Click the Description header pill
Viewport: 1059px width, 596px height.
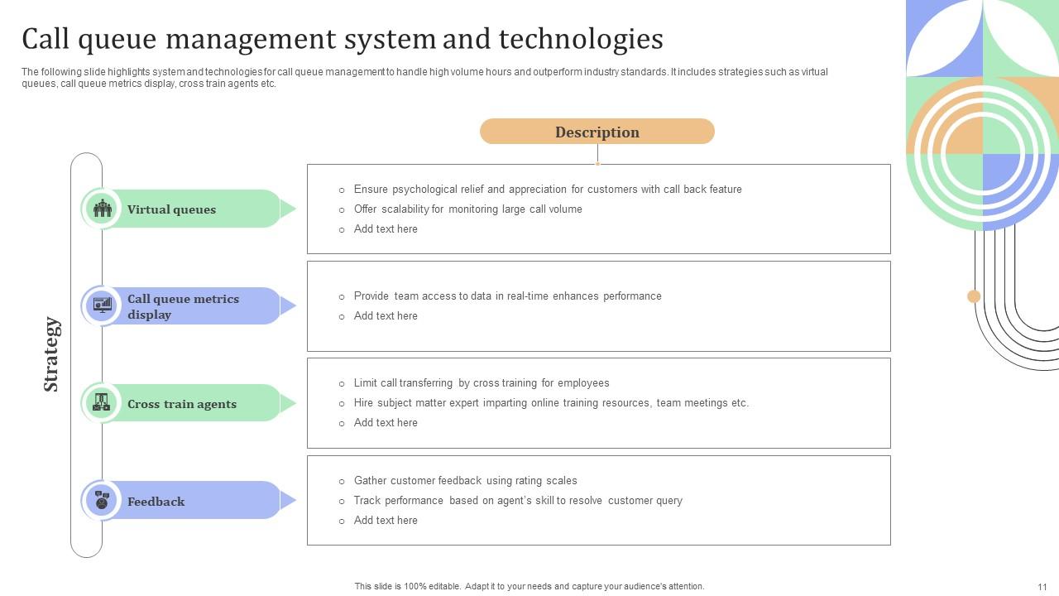597,132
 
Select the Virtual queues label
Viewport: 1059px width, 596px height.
171,209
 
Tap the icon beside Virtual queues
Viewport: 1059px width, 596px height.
103,209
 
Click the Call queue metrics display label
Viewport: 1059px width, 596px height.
183,306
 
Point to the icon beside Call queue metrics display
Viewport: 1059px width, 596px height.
103,305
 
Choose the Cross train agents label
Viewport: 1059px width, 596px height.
182,404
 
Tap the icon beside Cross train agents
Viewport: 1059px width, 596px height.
102,403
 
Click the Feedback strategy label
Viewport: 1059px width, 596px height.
156,502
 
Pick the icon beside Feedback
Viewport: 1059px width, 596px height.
102,500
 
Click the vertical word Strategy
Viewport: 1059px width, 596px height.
51,354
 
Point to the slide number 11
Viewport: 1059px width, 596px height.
1042,587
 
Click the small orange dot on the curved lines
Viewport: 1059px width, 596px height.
974,296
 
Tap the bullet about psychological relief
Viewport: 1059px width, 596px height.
547,190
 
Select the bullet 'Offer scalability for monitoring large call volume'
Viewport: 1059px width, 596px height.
467,209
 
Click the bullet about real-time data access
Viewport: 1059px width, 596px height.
507,296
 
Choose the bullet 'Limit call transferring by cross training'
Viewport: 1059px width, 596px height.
481,383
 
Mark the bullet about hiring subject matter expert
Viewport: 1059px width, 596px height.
551,403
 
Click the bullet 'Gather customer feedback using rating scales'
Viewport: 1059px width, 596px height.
465,481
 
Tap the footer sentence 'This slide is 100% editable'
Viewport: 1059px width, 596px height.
529,586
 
